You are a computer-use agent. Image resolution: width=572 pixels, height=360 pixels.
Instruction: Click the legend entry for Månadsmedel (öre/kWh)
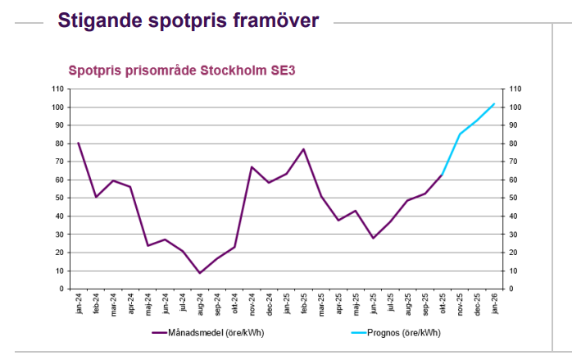[x=209, y=333]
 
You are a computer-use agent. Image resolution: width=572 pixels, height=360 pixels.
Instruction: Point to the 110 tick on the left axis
[x=58, y=89]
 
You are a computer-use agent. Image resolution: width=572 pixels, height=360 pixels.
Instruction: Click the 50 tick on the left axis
[x=60, y=198]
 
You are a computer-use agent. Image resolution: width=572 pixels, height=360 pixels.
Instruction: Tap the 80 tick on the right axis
[x=514, y=144]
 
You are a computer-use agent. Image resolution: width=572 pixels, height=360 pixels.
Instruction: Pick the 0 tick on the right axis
[x=511, y=289]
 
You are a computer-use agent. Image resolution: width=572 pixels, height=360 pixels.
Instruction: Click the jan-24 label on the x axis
[x=79, y=304]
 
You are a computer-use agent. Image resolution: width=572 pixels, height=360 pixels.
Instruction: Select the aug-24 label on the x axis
[x=200, y=304]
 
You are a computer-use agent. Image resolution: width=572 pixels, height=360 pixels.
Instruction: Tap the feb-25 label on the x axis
[x=304, y=304]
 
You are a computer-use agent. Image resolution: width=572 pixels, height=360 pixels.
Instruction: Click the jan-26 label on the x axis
[x=494, y=304]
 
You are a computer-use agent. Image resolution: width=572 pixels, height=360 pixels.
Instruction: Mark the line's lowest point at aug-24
[x=200, y=273]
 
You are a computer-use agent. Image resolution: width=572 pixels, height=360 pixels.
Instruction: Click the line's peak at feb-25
[x=304, y=149]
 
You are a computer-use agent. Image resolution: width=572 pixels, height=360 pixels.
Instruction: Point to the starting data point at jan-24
[x=79, y=143]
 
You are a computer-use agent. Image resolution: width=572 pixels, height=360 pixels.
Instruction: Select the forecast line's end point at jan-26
[x=494, y=103]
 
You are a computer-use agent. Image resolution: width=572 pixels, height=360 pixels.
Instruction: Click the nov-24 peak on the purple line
[x=252, y=166]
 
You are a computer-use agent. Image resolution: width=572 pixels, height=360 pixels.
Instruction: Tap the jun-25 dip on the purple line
[x=373, y=238]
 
